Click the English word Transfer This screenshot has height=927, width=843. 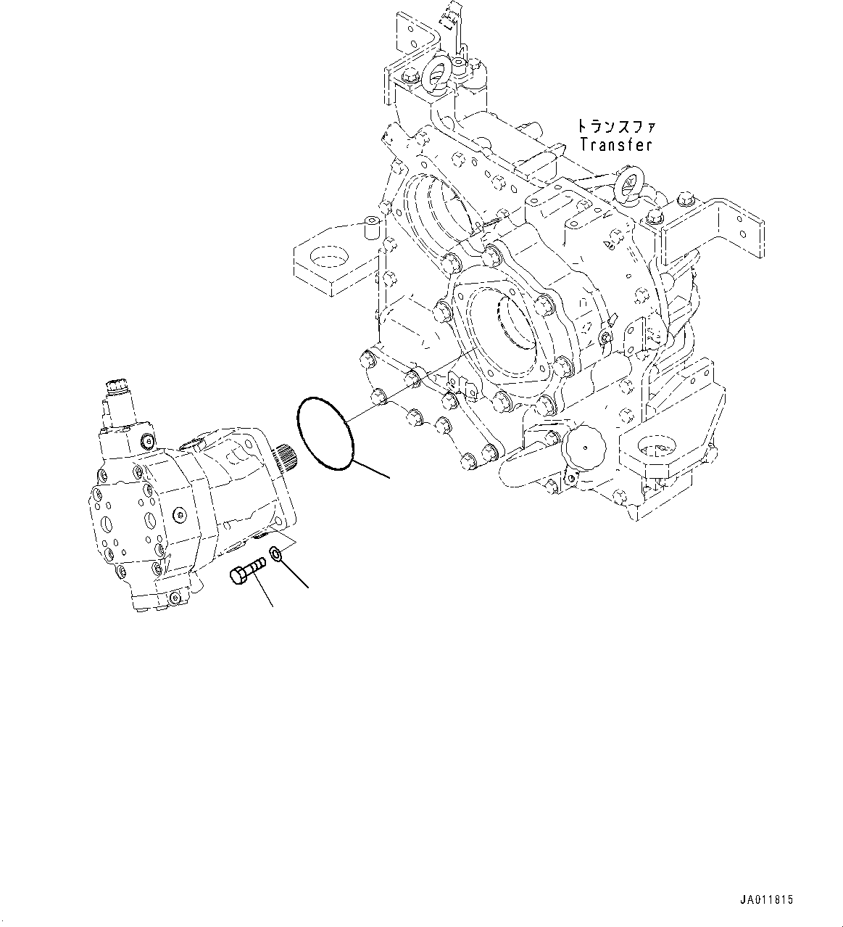point(615,144)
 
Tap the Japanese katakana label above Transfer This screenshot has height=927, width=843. point(615,126)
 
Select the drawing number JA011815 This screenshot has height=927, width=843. point(768,899)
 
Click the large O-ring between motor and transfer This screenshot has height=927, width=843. point(325,431)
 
